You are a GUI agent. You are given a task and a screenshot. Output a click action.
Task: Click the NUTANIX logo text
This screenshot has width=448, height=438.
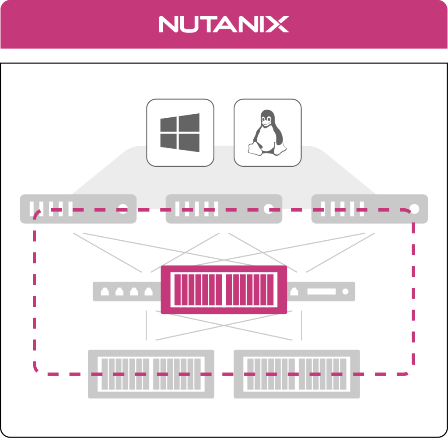[224, 25]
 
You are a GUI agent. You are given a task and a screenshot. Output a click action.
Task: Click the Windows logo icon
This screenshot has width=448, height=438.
[180, 133]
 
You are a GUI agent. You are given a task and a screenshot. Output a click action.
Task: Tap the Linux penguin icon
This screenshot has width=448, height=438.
[267, 133]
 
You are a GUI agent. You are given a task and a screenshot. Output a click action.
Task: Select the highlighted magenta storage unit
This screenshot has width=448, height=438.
[224, 290]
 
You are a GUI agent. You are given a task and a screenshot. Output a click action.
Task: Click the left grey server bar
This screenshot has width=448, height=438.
[78, 209]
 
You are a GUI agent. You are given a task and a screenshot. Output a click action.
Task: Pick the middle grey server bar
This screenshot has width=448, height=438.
[224, 209]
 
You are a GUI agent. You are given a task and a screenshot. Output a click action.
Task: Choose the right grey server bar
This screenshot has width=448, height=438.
[369, 209]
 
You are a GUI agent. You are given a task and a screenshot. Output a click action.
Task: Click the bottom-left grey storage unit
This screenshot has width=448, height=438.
[151, 374]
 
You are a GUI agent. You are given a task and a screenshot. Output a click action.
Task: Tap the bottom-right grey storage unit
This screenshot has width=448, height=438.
[297, 374]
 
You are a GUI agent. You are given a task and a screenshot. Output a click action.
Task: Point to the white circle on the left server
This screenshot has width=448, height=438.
[123, 209]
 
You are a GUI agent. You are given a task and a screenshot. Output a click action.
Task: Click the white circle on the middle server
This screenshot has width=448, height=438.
[268, 209]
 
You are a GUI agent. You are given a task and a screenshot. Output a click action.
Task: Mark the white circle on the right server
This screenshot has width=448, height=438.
[414, 209]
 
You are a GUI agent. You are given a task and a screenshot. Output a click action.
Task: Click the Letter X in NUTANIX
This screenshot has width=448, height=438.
[278, 25]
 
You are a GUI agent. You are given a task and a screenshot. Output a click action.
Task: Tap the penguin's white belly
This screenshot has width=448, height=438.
[266, 139]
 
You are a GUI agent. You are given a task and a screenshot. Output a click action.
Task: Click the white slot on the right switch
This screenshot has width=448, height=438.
[321, 291]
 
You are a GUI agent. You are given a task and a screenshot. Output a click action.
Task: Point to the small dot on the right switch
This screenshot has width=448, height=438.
[345, 291]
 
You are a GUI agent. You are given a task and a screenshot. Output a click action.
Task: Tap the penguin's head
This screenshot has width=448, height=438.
[266, 117]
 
